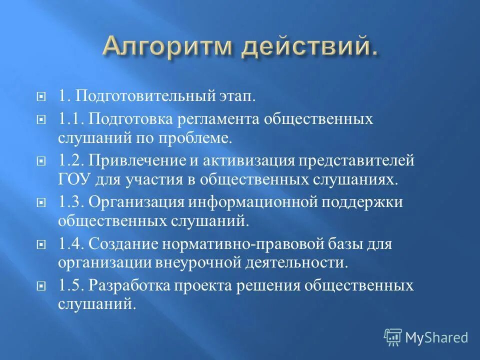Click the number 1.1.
70,120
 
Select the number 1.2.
71,162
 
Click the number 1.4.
71,245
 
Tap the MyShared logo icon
393,337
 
